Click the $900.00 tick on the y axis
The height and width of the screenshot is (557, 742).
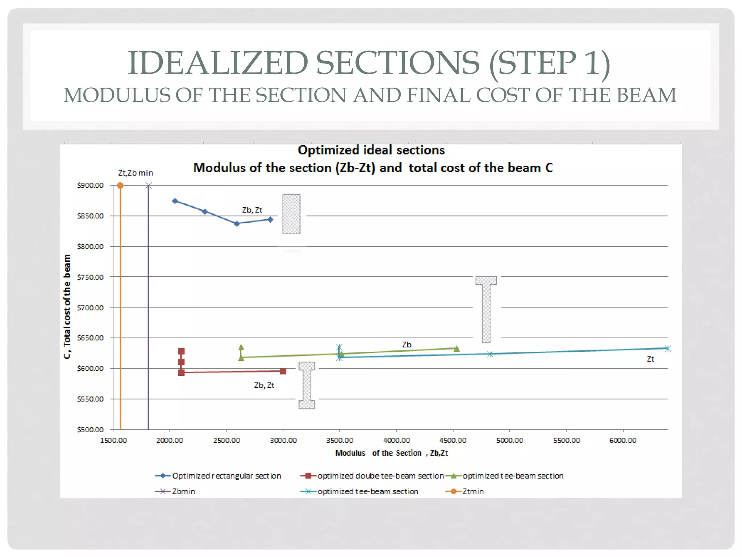90,185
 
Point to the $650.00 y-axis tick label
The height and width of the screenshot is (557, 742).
90,338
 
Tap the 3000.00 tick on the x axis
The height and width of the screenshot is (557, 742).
283,441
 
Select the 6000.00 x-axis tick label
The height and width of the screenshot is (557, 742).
622,441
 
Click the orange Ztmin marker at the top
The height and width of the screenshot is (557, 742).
120,186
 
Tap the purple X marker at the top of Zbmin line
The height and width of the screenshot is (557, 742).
148,186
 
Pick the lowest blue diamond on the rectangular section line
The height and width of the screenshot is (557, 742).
237,224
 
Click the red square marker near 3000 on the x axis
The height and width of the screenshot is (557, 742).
283,371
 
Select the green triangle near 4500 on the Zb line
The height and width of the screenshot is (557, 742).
457,348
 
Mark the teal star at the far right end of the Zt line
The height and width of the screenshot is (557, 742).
668,348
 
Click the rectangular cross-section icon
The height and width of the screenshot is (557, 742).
291,214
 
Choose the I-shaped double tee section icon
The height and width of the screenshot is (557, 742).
307,385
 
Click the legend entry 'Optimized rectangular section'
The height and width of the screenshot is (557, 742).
226,476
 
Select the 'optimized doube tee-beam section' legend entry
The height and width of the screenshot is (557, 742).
380,476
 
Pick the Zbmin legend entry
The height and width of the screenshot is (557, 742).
183,492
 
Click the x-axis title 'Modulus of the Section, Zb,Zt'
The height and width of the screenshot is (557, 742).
391,453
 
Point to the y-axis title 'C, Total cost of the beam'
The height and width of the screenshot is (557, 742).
67,306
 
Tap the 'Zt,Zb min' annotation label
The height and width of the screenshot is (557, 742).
136,173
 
